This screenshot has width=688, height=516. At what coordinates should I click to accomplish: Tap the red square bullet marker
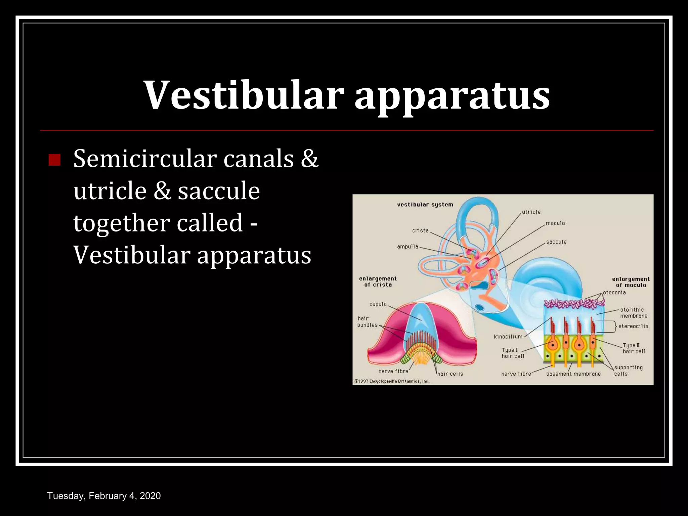tap(54, 160)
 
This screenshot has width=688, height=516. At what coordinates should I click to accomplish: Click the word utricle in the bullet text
tap(110, 191)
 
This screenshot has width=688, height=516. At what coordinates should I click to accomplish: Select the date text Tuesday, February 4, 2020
tap(104, 496)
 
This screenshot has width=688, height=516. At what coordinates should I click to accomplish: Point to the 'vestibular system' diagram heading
tap(425, 205)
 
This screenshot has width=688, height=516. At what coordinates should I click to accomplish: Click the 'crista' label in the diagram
tap(420, 230)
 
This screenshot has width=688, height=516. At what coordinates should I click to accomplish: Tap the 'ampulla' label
tap(407, 247)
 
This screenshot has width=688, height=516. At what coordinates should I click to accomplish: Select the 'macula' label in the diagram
tap(555, 223)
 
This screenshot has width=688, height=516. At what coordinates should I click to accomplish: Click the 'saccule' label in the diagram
tap(556, 242)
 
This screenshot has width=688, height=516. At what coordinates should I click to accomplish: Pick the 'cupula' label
tap(378, 304)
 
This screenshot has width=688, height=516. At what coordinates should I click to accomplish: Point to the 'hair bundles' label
tap(367, 321)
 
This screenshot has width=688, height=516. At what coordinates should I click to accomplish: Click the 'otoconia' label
tap(614, 293)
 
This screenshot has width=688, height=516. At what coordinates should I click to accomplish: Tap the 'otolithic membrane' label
tap(633, 313)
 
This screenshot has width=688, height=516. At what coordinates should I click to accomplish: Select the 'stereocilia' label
tap(633, 326)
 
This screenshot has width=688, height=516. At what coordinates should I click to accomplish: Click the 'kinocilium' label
tap(508, 337)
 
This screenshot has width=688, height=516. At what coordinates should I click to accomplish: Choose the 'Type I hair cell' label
tap(512, 353)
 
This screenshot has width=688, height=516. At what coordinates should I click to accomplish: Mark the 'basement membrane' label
tap(573, 374)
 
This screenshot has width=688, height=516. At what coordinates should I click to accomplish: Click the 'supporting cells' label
tap(628, 371)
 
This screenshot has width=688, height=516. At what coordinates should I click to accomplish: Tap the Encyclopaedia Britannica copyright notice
tap(392, 381)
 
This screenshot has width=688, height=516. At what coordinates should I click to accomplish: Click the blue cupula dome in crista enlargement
tap(421, 319)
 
